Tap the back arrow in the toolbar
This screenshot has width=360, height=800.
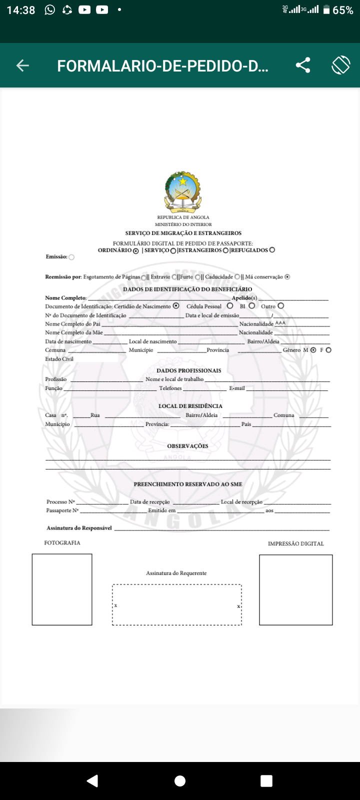[22, 65]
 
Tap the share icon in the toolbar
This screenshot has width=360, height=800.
[303, 65]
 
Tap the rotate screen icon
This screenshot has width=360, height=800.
[341, 65]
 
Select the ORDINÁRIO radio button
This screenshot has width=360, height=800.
[135, 251]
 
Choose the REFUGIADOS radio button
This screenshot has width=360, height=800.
[272, 250]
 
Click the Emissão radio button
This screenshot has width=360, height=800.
[71, 257]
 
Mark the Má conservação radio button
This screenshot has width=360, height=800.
[287, 277]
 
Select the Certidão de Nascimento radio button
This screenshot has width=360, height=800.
[176, 306]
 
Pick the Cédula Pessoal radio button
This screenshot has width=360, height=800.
[230, 306]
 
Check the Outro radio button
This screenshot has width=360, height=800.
[281, 306]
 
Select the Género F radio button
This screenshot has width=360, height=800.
[328, 350]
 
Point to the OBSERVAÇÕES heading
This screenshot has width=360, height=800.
[187, 446]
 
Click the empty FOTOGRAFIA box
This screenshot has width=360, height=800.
[62, 589]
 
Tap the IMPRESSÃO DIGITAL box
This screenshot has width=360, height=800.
[296, 590]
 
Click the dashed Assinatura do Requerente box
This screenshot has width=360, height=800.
[177, 604]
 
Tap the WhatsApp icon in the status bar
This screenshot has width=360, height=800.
[50, 9]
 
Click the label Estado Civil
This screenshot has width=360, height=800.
[59, 359]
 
